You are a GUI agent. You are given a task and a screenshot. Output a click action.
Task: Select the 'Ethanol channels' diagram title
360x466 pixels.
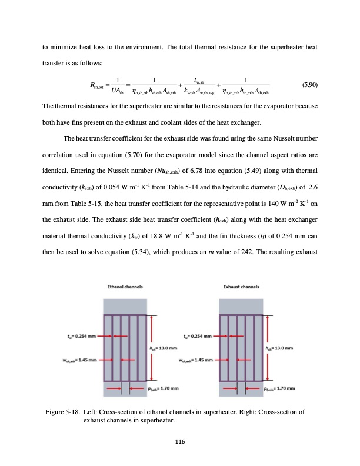pos(125,288)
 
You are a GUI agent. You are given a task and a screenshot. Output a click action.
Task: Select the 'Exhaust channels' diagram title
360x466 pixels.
pos(240,288)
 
